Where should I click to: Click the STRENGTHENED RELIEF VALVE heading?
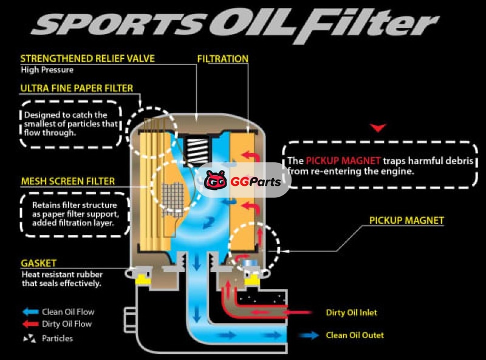coord(87,59)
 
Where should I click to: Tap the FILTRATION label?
coord(223,59)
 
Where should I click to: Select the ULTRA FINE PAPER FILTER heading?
coord(77,88)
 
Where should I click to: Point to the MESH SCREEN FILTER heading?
coord(67,181)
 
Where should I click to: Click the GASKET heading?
coord(38,263)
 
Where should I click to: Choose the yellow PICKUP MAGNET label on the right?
coord(406,220)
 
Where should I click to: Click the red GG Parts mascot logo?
coord(216,180)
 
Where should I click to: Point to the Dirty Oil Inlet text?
coord(351,313)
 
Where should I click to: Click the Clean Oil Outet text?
coord(355,335)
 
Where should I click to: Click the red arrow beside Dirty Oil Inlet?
coord(304,313)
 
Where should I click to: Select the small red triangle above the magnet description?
coord(378,127)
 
